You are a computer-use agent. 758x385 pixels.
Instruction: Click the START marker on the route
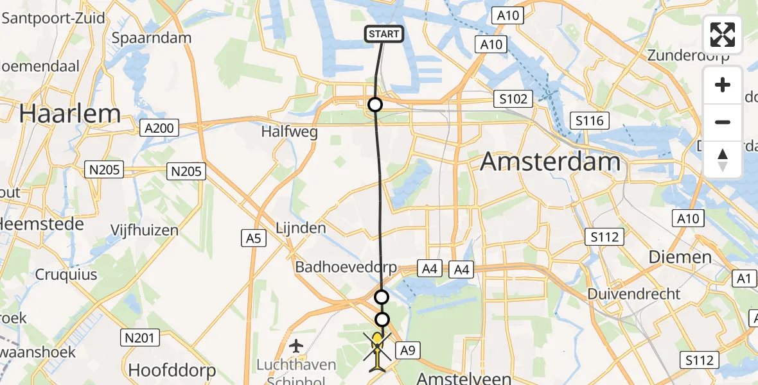pos(384,34)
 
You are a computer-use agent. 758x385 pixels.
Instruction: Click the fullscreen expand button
pos(723,35)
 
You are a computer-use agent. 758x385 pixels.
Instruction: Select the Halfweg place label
pos(286,131)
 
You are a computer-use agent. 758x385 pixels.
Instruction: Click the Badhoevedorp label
pos(346,267)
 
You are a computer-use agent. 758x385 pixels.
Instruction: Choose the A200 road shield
pos(159,128)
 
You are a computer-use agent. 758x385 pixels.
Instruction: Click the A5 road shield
pos(254,238)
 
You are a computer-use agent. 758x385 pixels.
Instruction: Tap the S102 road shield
pos(514,99)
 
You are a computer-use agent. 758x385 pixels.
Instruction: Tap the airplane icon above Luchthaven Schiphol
pos(296,346)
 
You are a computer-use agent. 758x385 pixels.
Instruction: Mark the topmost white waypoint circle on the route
pos(375,104)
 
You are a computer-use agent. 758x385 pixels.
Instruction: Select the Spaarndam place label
pos(152,38)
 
